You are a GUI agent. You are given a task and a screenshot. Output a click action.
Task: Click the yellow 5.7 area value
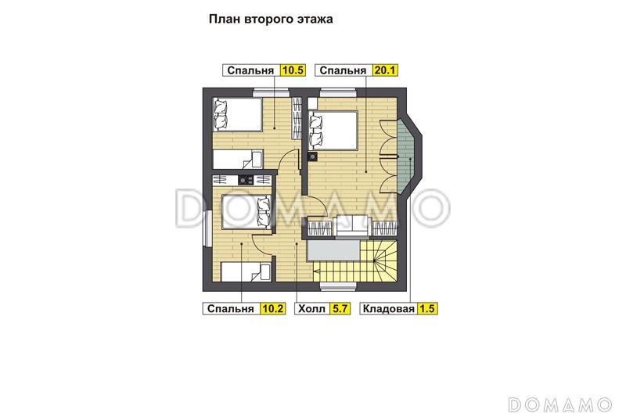tap(340, 309)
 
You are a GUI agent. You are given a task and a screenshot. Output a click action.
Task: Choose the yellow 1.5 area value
tap(427, 309)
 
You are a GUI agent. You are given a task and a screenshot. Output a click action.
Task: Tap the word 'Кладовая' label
tap(388, 309)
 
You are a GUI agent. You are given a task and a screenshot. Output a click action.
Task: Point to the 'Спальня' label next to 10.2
tap(230, 309)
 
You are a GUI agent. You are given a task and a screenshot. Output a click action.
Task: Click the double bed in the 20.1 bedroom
tap(333, 129)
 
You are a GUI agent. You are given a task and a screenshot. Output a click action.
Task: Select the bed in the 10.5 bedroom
tap(236, 114)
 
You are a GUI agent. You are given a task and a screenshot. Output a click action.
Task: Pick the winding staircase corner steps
tap(385, 262)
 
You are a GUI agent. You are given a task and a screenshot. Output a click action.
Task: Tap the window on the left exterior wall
tap(206, 232)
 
